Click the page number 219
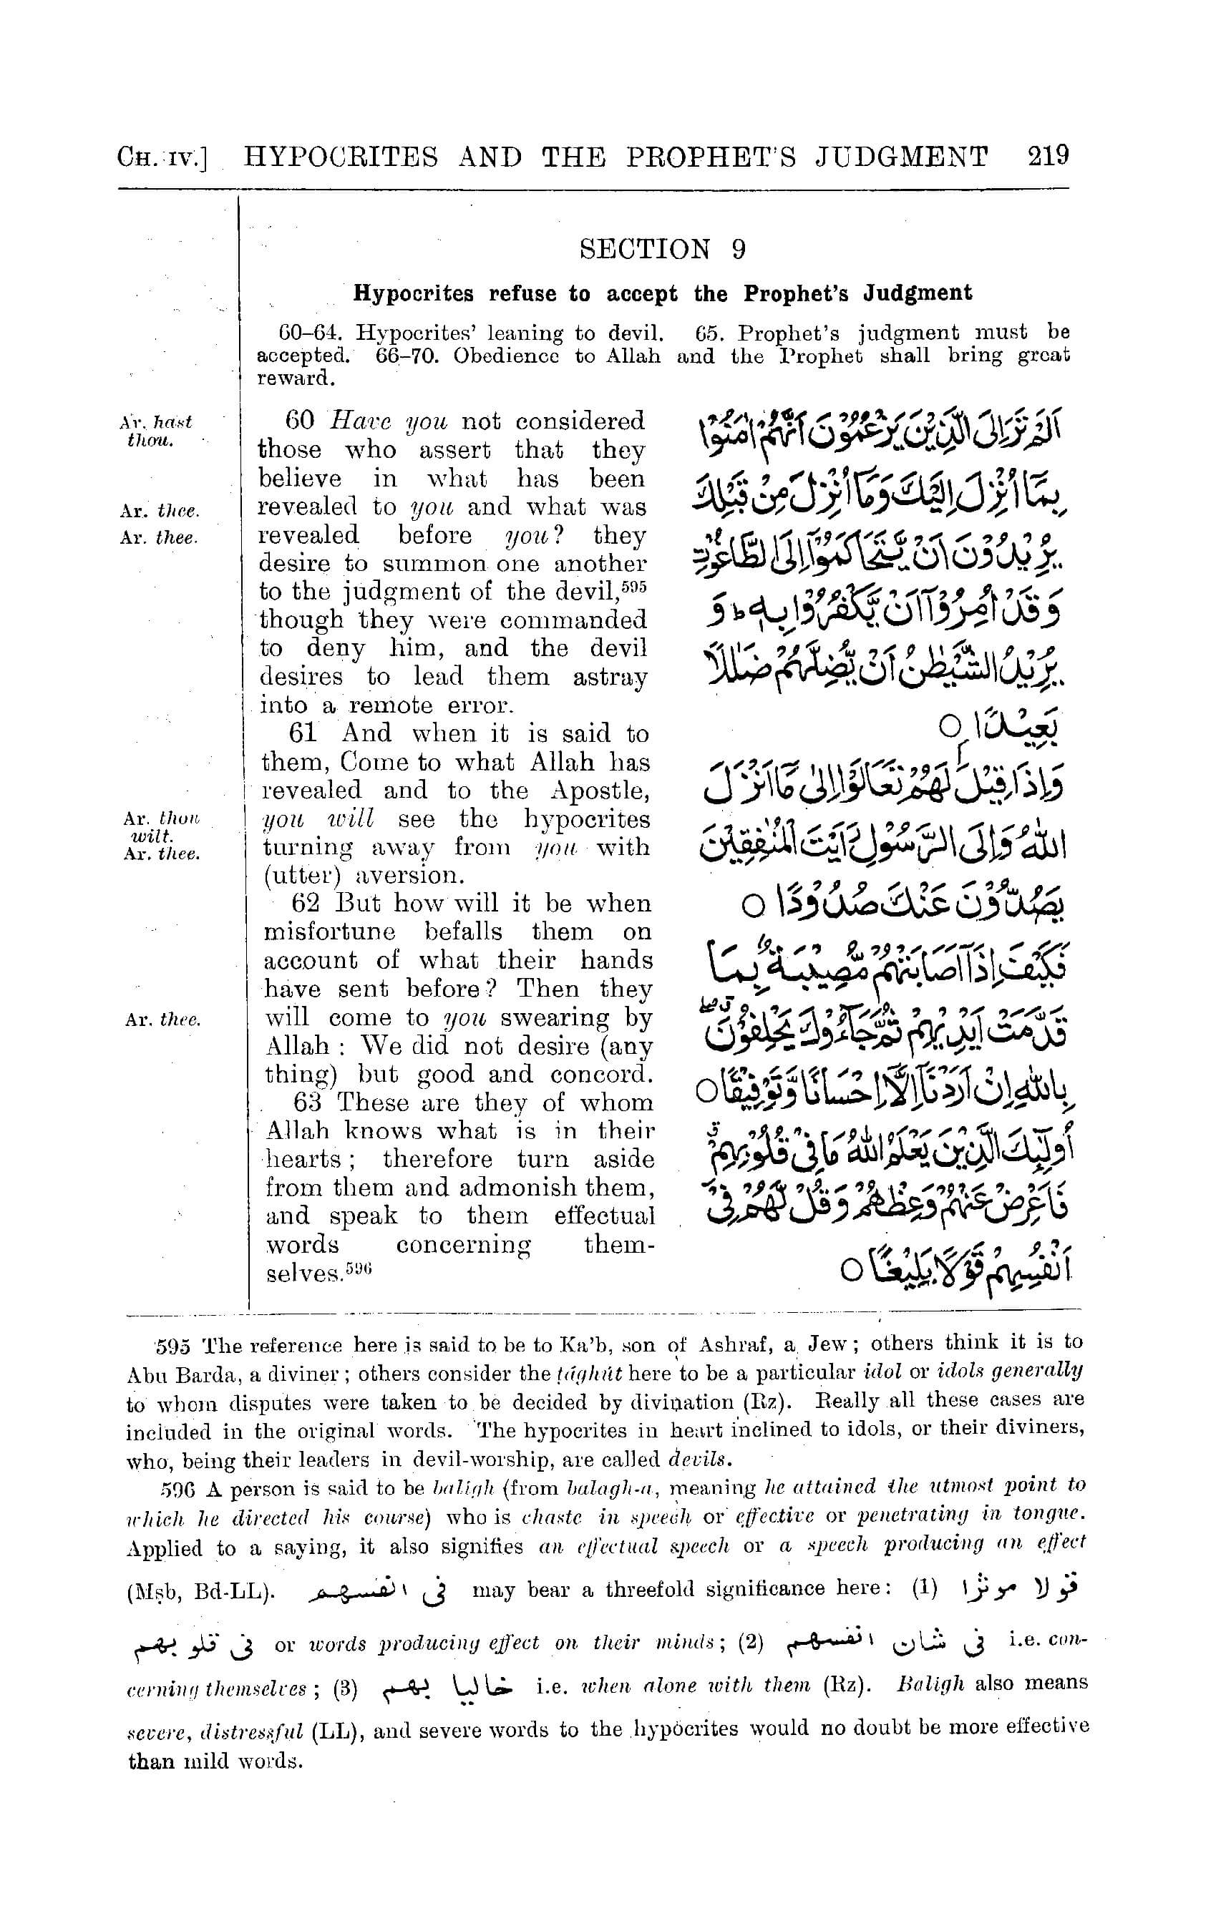pos(1048,156)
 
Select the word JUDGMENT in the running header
pos(902,157)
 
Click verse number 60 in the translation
pos(300,421)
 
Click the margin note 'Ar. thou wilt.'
pos(160,826)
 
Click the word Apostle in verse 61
pos(600,791)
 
